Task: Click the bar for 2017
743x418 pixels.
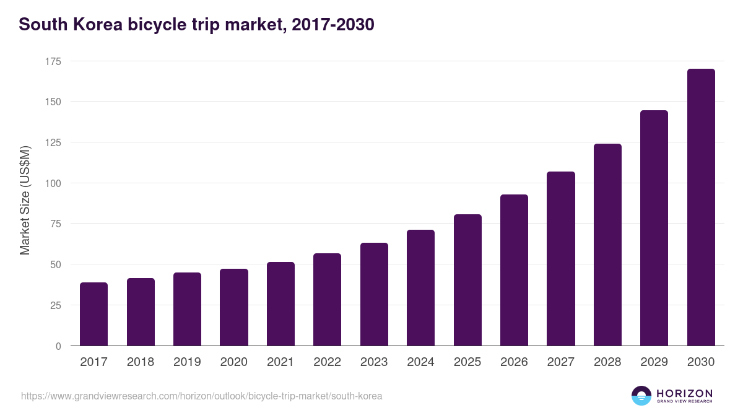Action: click(x=93, y=314)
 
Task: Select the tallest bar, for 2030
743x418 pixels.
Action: click(x=701, y=207)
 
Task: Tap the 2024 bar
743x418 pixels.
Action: click(x=420, y=288)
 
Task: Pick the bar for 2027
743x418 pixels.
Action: click(x=561, y=259)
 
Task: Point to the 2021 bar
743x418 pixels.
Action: click(x=280, y=304)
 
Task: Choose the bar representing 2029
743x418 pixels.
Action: click(x=654, y=228)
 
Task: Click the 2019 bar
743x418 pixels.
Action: click(x=187, y=309)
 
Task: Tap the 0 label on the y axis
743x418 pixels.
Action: click(x=58, y=346)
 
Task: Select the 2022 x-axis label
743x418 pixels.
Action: click(x=327, y=362)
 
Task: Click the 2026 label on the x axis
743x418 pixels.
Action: click(x=514, y=362)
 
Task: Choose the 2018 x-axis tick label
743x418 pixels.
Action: click(x=141, y=362)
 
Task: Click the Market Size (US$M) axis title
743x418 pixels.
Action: click(x=25, y=201)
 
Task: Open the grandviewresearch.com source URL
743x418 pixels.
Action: click(x=202, y=396)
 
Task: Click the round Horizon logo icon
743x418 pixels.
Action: click(x=641, y=396)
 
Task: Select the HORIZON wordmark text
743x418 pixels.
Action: click(x=684, y=393)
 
